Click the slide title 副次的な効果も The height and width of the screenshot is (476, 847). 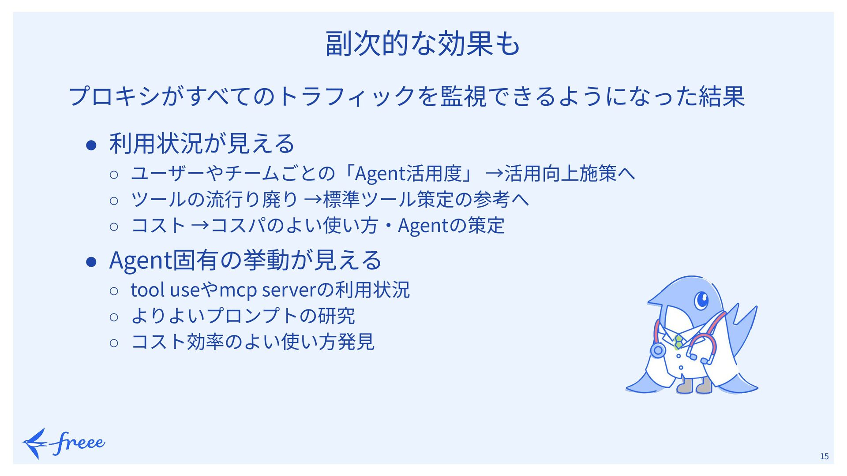[423, 44]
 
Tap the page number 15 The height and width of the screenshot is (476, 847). [824, 456]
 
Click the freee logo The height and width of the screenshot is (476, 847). [64, 443]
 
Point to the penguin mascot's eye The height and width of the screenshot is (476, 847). [701, 301]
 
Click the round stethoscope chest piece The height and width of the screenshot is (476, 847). [658, 350]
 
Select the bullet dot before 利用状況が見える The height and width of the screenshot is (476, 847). [91, 145]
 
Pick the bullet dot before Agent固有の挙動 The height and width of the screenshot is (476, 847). [91, 261]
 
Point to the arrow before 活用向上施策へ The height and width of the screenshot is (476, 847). [494, 174]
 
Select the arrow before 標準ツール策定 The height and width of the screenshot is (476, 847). [313, 200]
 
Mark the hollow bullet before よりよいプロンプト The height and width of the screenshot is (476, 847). [114, 316]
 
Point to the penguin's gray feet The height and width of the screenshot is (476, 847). [695, 386]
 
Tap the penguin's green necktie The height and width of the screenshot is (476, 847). [678, 342]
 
